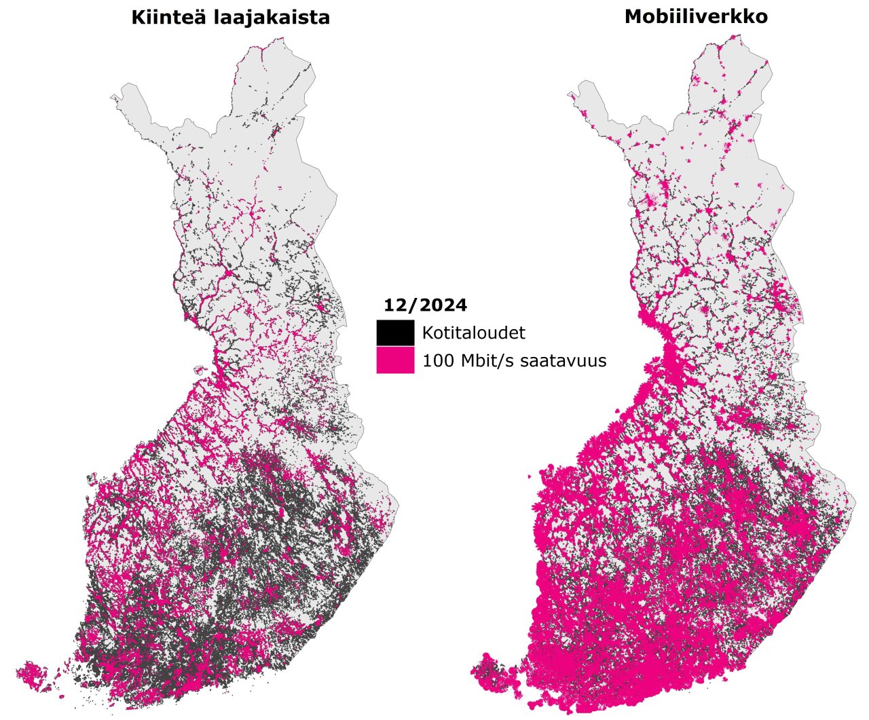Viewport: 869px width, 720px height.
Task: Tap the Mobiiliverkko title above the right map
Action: tap(696, 16)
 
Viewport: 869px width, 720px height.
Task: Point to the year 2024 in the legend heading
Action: tap(443, 305)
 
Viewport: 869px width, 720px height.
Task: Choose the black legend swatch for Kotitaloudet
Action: tap(395, 333)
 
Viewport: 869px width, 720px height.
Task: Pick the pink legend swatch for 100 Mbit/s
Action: tap(395, 360)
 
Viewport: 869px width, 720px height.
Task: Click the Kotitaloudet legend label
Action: tap(473, 333)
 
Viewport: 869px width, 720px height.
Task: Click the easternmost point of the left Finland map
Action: tap(399, 506)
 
